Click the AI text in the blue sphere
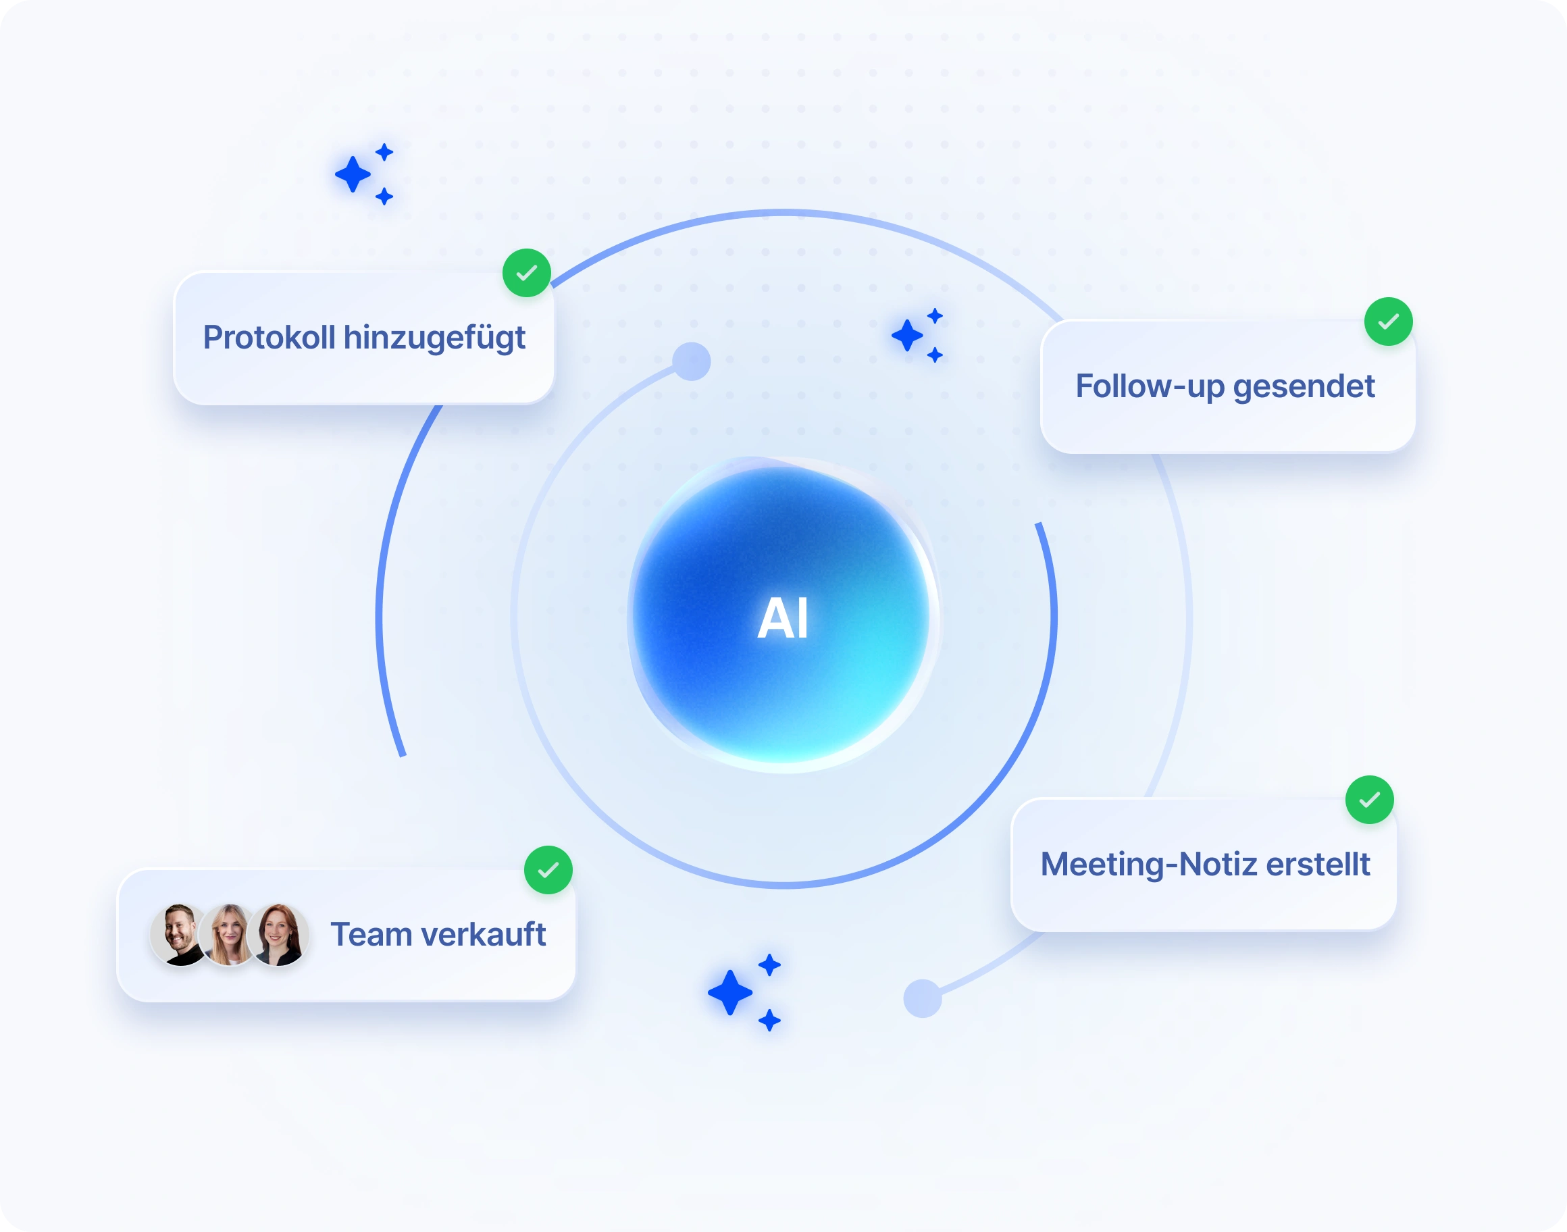[782, 618]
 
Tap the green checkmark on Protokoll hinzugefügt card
[527, 273]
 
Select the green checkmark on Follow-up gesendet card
[1388, 322]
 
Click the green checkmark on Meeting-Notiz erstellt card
[1369, 800]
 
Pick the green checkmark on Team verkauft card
[548, 870]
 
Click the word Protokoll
[269, 338]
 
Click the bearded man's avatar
[180, 935]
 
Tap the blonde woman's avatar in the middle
[228, 935]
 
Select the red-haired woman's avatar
[278, 935]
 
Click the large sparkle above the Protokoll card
[353, 174]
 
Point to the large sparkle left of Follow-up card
[907, 336]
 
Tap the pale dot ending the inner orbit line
[692, 361]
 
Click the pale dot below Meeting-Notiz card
[923, 998]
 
